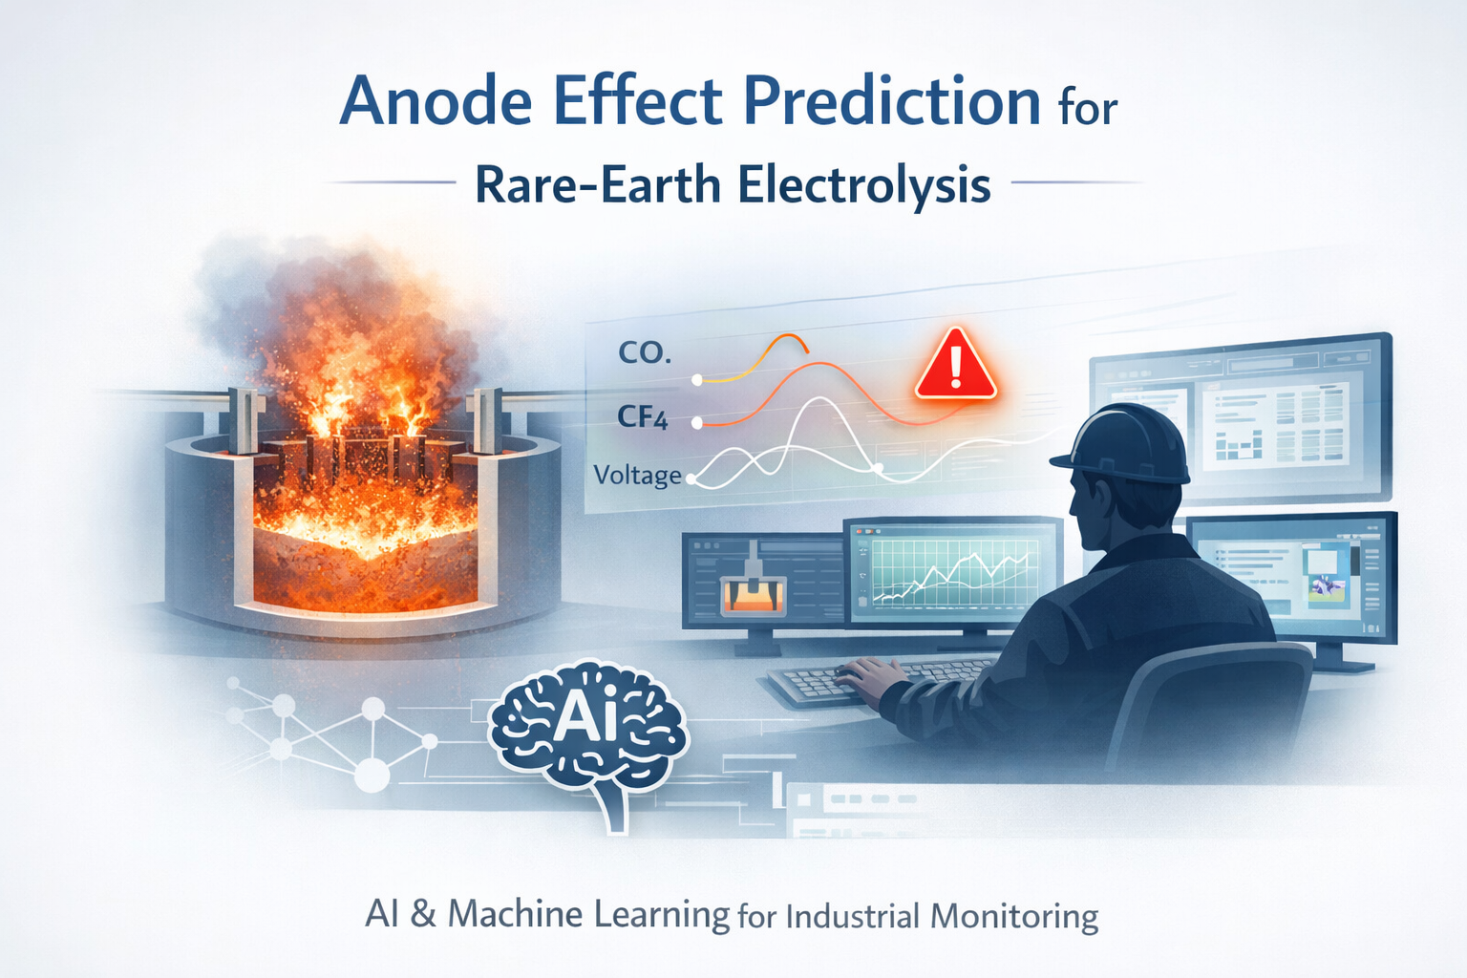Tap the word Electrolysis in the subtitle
pyautogui.click(x=863, y=184)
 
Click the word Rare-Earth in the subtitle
pyautogui.click(x=597, y=184)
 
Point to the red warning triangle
pyautogui.click(x=955, y=367)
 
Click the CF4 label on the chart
pyautogui.click(x=643, y=417)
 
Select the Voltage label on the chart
pyautogui.click(x=637, y=475)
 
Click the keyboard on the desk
pyautogui.click(x=878, y=681)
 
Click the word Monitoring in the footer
pyautogui.click(x=1013, y=917)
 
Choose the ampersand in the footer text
pyautogui.click(x=423, y=914)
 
